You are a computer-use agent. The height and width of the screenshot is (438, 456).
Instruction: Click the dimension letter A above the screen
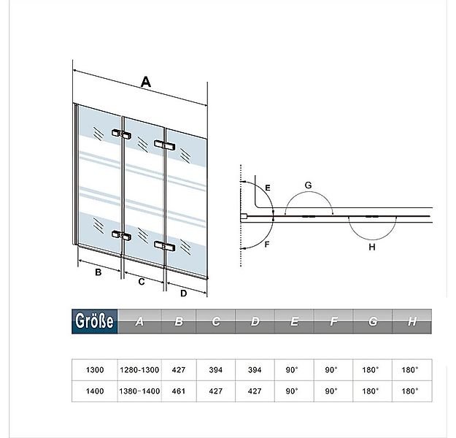(x=145, y=83)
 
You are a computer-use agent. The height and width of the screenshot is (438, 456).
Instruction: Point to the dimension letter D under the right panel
(x=184, y=293)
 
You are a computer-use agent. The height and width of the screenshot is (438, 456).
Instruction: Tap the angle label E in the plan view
(x=268, y=188)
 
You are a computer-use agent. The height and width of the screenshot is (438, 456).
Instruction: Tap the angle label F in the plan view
(x=268, y=245)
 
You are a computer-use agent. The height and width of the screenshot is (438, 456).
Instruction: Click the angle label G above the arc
(x=308, y=186)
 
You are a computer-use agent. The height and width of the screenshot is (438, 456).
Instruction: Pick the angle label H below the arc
(x=371, y=247)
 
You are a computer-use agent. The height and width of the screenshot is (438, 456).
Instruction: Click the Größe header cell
(x=95, y=321)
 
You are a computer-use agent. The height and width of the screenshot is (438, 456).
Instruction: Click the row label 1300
(x=95, y=370)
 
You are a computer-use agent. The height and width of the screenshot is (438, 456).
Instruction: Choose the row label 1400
(x=95, y=391)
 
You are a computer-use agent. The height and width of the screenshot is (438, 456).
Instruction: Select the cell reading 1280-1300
(x=139, y=370)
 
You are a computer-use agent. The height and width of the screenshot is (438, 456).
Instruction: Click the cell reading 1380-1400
(x=139, y=391)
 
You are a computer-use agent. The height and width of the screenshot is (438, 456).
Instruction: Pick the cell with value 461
(x=179, y=391)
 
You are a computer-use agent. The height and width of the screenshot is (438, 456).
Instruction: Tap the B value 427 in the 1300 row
(x=179, y=370)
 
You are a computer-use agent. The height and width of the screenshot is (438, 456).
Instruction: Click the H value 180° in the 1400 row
(x=410, y=391)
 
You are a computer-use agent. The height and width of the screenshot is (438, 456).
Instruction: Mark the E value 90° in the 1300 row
(x=293, y=370)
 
